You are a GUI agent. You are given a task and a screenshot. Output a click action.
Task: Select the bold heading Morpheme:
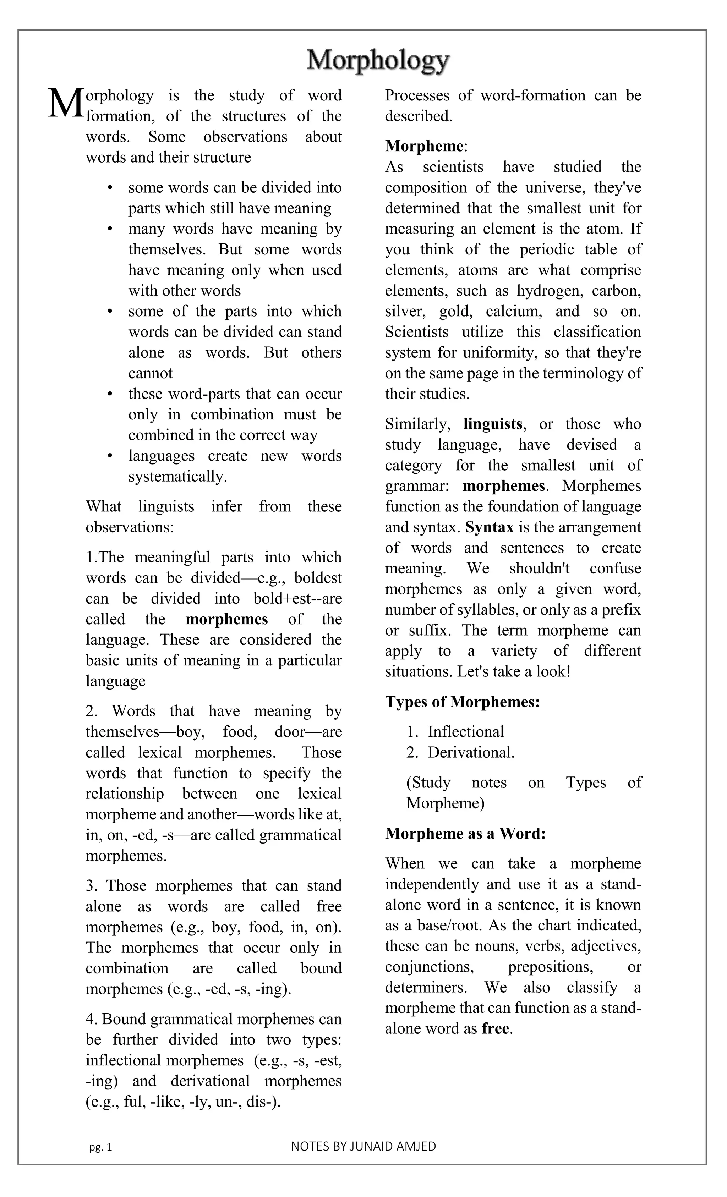(x=426, y=146)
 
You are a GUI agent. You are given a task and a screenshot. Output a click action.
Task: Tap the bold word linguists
(x=493, y=424)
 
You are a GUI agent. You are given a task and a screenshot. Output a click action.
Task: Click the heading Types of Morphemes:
(x=462, y=702)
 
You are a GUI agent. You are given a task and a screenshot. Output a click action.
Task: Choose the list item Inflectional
(x=465, y=732)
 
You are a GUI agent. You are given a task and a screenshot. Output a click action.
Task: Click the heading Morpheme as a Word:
(x=465, y=833)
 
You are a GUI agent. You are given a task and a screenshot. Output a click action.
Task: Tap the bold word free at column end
(x=496, y=1028)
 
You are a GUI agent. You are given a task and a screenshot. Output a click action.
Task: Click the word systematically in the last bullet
(x=177, y=476)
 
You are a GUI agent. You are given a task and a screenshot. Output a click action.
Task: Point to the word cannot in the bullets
(x=150, y=373)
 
